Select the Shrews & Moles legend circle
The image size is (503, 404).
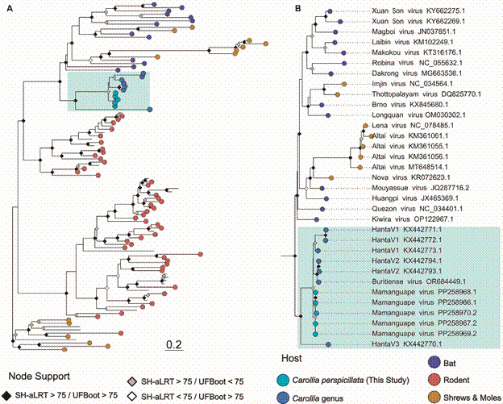435,395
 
